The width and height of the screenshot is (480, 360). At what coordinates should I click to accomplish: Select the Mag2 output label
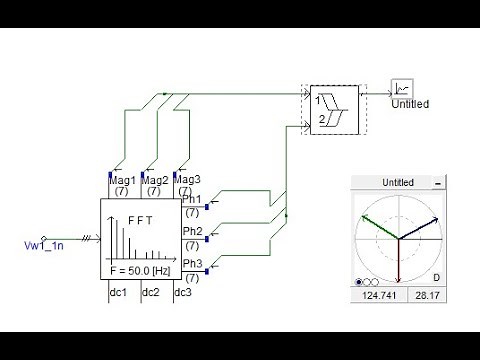(x=155, y=180)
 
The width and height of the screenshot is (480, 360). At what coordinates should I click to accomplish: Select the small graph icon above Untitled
(x=403, y=86)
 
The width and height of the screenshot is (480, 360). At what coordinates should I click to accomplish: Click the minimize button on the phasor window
(x=437, y=184)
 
